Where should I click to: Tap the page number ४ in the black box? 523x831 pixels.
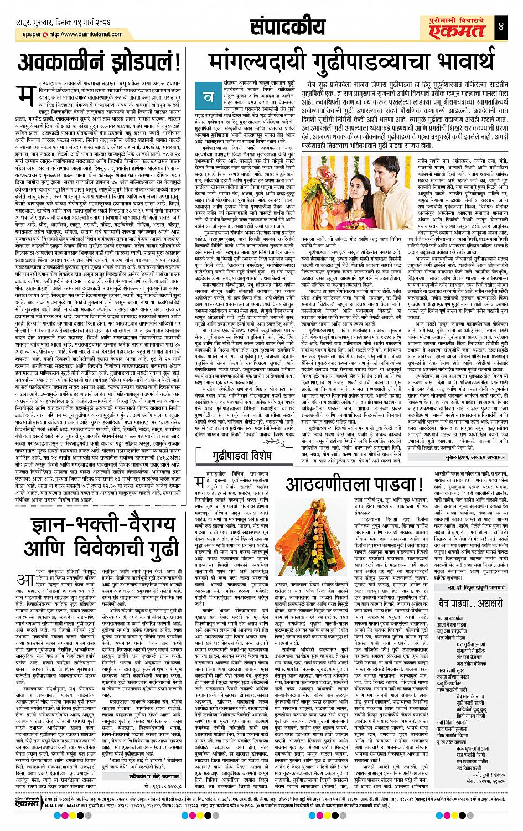point(510,28)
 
